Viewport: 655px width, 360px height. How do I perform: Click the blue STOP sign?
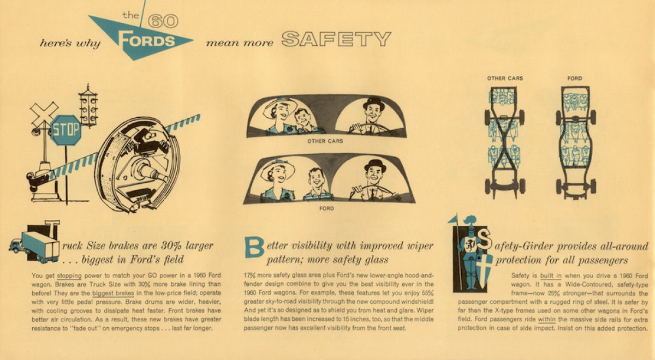(66, 130)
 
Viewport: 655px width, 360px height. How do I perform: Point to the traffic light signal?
(88, 106)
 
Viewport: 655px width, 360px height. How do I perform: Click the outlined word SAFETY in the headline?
(336, 39)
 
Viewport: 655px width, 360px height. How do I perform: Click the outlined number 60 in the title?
(163, 21)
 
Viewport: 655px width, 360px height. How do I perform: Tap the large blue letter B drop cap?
(254, 248)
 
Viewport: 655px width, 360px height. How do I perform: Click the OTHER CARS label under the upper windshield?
(325, 141)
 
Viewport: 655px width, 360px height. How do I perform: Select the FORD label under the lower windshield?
(326, 208)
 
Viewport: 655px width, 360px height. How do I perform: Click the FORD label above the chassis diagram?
(575, 79)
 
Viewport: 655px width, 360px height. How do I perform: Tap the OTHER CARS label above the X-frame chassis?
(505, 79)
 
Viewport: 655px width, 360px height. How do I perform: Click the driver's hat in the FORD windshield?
(375, 165)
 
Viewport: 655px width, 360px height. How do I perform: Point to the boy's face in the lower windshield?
(316, 179)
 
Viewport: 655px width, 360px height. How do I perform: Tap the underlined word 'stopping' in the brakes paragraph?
(69, 276)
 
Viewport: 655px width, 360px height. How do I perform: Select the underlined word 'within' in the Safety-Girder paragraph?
(546, 320)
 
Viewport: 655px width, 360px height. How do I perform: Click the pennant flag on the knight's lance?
(452, 219)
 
